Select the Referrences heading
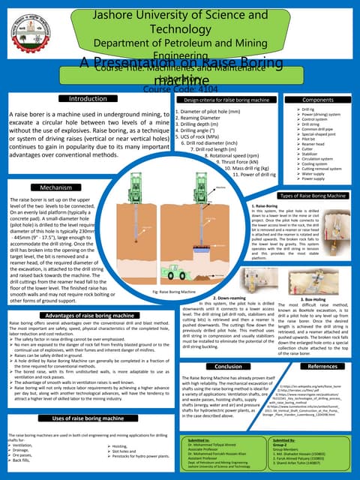[322, 366]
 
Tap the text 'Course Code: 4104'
[180, 88]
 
